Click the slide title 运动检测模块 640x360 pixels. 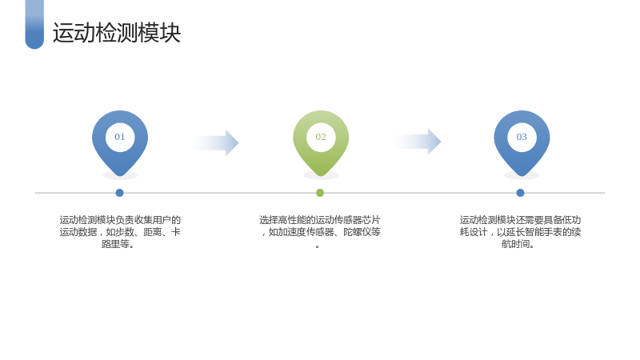click(117, 33)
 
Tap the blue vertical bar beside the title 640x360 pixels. click(34, 25)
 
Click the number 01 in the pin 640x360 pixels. click(119, 137)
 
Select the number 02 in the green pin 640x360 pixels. click(321, 137)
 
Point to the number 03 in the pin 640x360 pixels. click(522, 137)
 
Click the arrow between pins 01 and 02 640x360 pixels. click(214, 143)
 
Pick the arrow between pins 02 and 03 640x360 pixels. click(417, 142)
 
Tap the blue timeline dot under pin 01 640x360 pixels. click(119, 193)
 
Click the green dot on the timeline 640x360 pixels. click(320, 193)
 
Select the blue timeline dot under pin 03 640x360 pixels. click(520, 193)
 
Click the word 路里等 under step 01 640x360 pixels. click(115, 244)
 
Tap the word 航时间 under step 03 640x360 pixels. click(516, 244)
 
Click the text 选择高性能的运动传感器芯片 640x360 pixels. click(320, 220)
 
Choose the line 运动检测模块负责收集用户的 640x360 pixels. click(120, 220)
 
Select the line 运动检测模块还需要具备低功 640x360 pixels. click(521, 220)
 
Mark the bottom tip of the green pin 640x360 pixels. click(321, 176)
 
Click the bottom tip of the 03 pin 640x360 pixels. click(522, 176)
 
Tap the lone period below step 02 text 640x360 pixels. click(318, 246)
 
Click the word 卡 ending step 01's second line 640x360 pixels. click(175, 232)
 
